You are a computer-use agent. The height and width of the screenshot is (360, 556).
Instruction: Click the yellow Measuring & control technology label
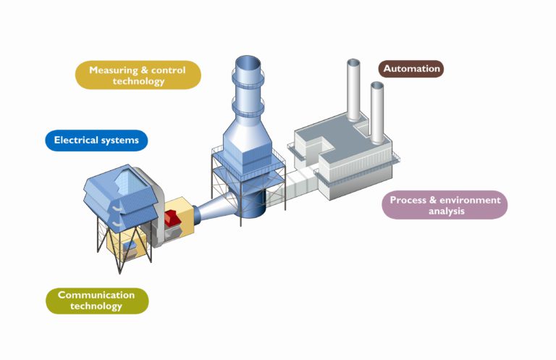coord(138,75)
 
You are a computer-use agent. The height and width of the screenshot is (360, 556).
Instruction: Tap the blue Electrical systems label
coord(96,140)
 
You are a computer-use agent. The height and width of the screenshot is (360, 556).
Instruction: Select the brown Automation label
coord(411,69)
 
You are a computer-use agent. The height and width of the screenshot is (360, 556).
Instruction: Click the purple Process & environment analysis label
coord(444,205)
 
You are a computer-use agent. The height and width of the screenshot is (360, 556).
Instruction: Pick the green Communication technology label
coord(96,301)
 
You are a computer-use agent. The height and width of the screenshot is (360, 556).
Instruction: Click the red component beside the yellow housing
coord(174,217)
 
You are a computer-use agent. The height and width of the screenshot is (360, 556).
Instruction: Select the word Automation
coord(411,69)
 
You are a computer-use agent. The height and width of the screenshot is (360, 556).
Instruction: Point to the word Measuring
coord(116,70)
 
